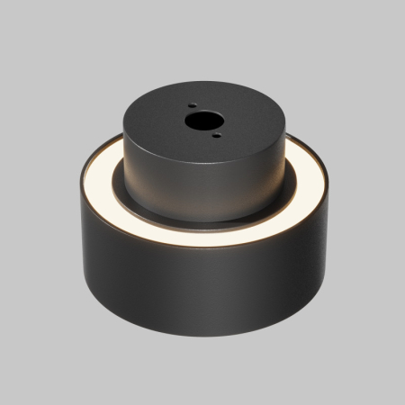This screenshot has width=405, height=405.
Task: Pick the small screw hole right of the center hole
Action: click(216, 136)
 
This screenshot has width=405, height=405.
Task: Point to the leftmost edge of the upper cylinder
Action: click(121, 135)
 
